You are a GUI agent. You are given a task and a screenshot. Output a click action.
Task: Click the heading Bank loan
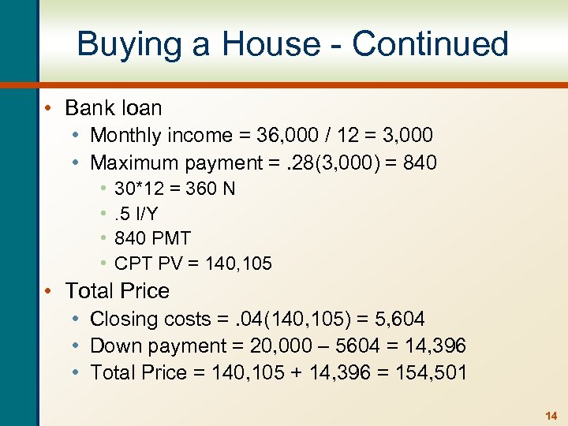114,108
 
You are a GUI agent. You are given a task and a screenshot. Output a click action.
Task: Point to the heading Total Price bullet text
118,291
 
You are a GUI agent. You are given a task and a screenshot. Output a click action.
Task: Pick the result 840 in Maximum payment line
420,163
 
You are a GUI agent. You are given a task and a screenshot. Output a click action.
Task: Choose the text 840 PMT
152,238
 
